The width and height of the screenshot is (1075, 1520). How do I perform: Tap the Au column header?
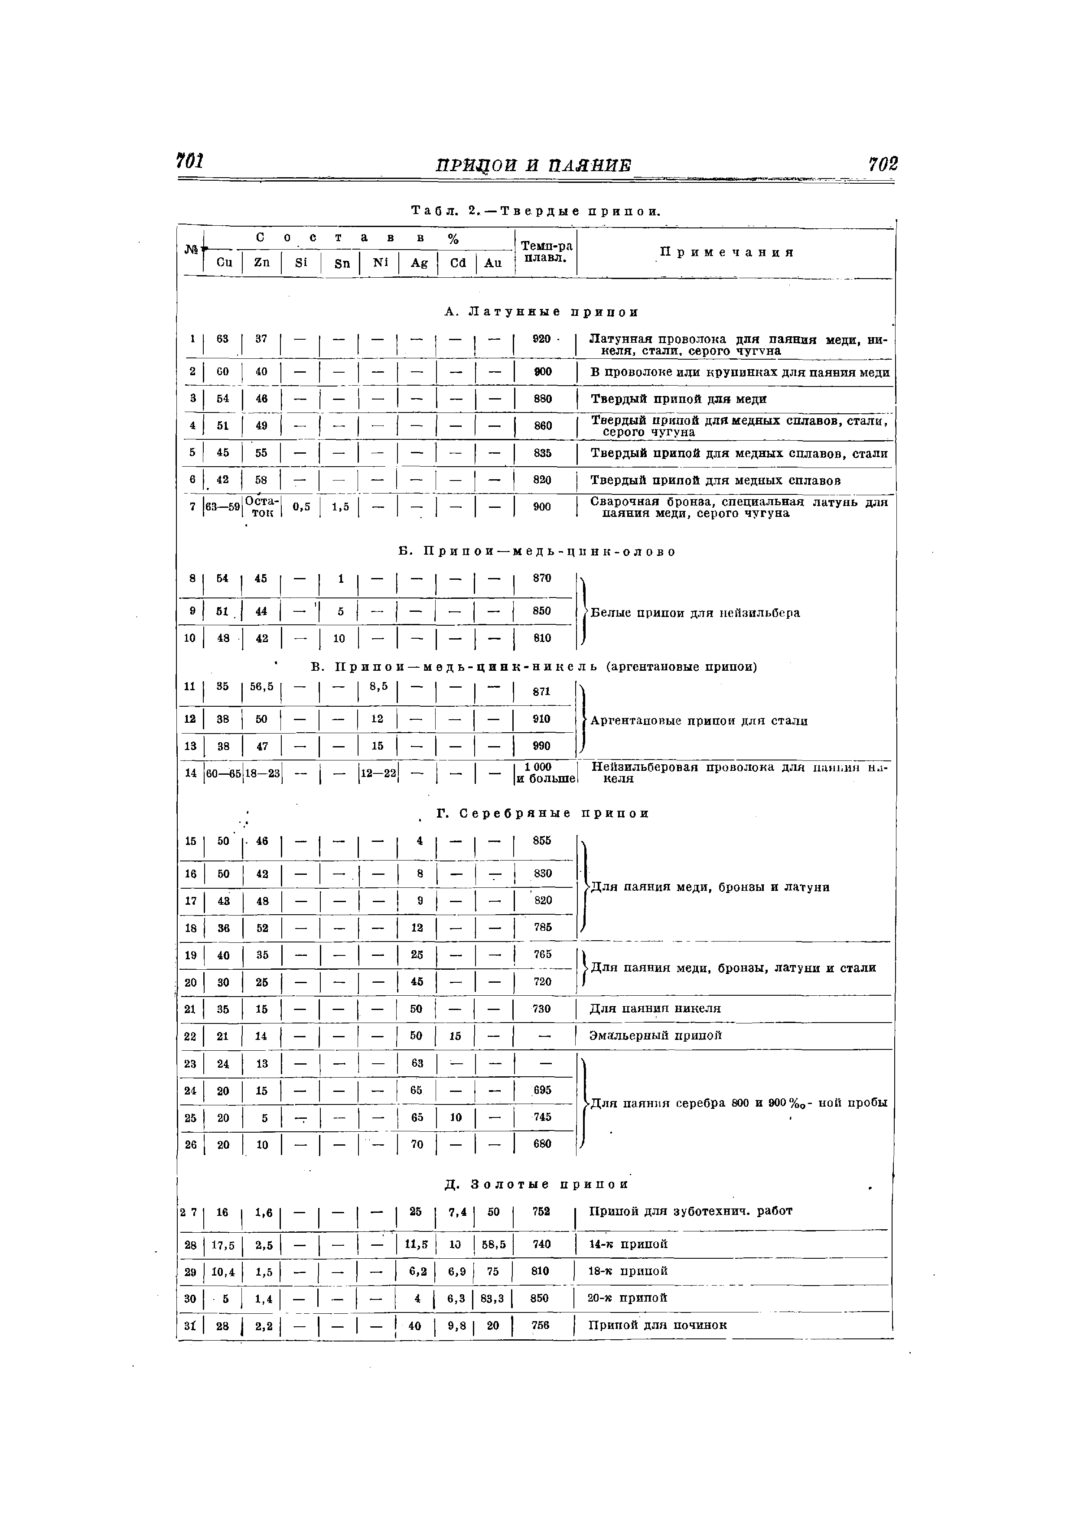493,263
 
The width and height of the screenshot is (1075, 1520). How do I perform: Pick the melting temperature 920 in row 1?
542,339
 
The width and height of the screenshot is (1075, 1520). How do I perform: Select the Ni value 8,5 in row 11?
378,686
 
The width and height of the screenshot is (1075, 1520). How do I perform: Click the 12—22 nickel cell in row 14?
378,772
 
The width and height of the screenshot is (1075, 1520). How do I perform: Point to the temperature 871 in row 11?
542,691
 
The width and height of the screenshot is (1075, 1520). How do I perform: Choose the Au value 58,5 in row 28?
493,1244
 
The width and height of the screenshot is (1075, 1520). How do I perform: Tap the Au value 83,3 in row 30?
493,1299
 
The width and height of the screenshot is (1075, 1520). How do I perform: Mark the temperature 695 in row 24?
542,1090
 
